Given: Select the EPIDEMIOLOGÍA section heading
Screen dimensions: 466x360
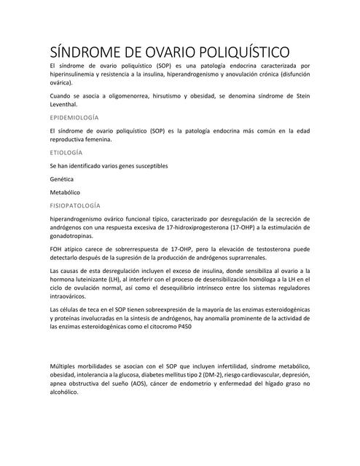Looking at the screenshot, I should click(x=74, y=117).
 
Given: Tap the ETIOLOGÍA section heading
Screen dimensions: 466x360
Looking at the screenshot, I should click(x=66, y=154).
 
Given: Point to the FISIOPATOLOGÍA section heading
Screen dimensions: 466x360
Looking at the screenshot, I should click(x=75, y=206).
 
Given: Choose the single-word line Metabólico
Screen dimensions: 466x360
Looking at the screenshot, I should click(x=66, y=192).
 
